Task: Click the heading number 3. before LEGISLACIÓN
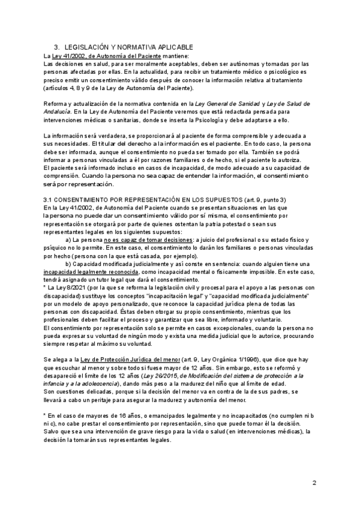pos(56,47)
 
